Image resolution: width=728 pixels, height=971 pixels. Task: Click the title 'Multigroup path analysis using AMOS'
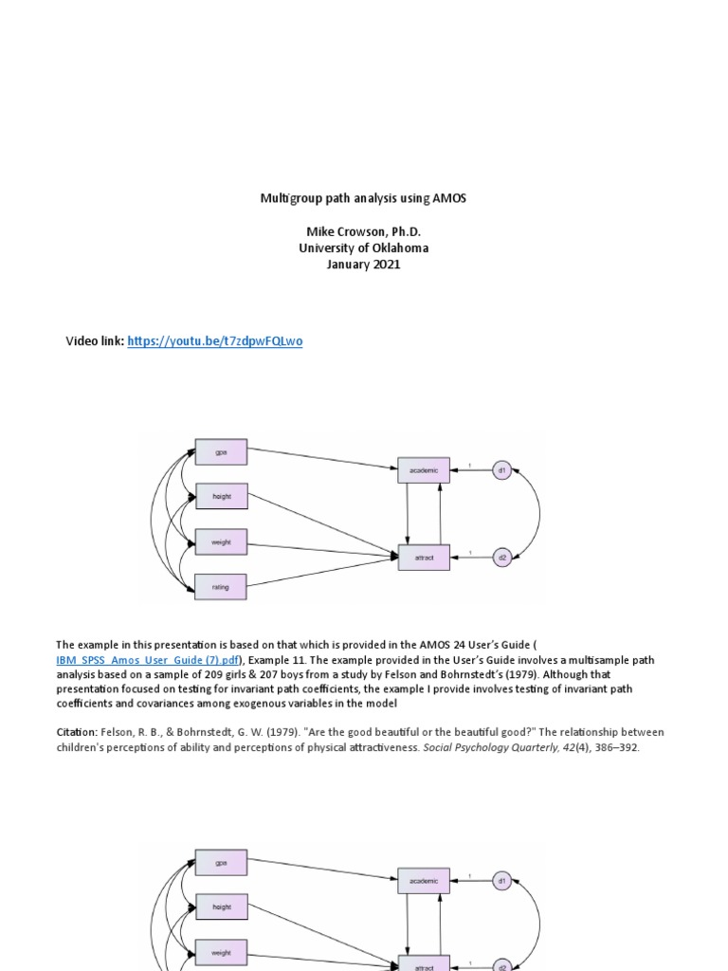pyautogui.click(x=364, y=198)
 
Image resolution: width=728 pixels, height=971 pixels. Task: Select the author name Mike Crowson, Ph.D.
pyautogui.click(x=364, y=231)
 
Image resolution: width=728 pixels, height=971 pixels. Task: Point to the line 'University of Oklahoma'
pyautogui.click(x=364, y=248)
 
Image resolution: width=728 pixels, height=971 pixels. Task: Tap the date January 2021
pyautogui.click(x=364, y=266)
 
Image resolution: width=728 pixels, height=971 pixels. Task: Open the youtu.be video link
pyautogui.click(x=215, y=341)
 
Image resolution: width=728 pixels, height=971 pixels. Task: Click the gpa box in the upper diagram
pyautogui.click(x=221, y=452)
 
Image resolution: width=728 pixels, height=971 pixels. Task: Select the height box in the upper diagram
pyautogui.click(x=221, y=497)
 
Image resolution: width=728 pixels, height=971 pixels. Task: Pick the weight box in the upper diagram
pyautogui.click(x=221, y=542)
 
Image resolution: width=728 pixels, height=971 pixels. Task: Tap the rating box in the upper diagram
pyautogui.click(x=221, y=588)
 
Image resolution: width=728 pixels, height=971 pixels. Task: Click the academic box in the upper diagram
pyautogui.click(x=424, y=469)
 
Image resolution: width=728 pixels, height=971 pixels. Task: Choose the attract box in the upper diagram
pyautogui.click(x=424, y=558)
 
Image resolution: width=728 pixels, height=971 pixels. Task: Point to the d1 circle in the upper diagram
pyautogui.click(x=502, y=469)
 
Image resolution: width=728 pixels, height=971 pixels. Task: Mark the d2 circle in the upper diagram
pyautogui.click(x=502, y=558)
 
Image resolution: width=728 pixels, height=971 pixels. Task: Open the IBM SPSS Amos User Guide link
pyautogui.click(x=149, y=660)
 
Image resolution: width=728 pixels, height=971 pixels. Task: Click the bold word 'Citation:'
pyautogui.click(x=79, y=732)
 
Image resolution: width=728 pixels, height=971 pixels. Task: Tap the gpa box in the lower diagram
pyautogui.click(x=221, y=863)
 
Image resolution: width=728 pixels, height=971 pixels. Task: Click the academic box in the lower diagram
pyautogui.click(x=424, y=881)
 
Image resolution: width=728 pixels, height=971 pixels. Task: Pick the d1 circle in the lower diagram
pyautogui.click(x=502, y=881)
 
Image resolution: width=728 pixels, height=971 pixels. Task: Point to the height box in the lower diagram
pyautogui.click(x=221, y=907)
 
